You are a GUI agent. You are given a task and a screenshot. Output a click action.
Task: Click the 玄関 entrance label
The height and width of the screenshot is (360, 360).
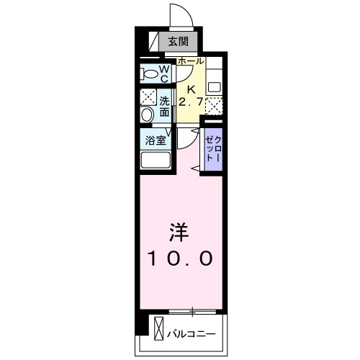pos(179,42)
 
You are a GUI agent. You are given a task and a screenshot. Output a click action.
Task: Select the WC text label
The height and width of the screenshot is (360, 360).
pos(164,73)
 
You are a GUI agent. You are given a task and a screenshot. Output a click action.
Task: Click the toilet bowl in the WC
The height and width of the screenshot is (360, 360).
pos(150,73)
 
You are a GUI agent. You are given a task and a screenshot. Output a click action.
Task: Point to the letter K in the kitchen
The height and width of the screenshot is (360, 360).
pos(191,89)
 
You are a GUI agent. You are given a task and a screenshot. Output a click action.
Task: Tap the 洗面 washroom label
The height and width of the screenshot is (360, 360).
pos(165,107)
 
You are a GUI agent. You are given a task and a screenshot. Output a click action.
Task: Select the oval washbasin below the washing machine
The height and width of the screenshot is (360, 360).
pos(148,114)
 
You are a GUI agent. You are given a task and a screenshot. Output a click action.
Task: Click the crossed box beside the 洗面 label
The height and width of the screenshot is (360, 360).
pos(148,97)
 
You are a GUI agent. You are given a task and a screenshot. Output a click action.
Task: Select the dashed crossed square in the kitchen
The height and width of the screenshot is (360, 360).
pos(214,106)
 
